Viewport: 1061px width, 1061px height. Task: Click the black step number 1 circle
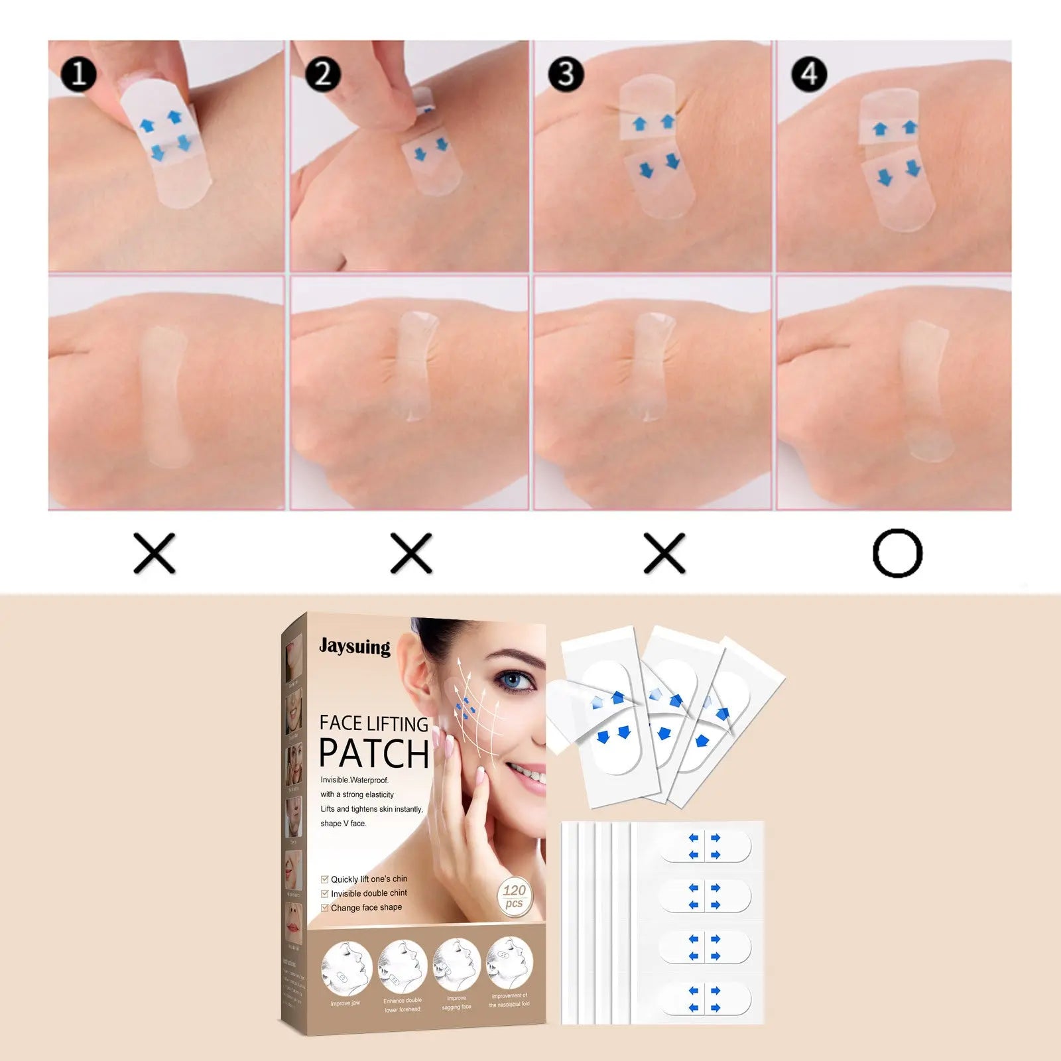[79, 74]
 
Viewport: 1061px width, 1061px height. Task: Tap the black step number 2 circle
[323, 74]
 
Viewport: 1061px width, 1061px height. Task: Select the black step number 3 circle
[566, 74]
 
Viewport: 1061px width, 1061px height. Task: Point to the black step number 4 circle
[809, 74]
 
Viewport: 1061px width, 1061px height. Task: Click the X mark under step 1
[155, 553]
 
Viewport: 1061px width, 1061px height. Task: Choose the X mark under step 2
[411, 553]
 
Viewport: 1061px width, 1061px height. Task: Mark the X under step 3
[664, 553]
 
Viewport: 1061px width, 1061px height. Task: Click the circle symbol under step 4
[897, 553]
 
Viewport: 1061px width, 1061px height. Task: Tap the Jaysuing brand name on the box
[355, 647]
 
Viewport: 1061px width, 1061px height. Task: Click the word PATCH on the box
[374, 754]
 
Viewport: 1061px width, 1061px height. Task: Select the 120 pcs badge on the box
[514, 897]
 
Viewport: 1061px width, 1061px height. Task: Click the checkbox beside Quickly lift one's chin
[325, 879]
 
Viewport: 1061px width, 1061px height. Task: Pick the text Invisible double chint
[369, 893]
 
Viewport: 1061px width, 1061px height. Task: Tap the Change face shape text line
[366, 908]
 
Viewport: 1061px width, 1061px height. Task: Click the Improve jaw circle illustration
[345, 967]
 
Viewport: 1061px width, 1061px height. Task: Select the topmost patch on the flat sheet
[704, 847]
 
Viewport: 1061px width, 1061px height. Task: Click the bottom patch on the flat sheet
[704, 999]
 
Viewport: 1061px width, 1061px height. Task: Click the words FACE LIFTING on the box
[374, 723]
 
